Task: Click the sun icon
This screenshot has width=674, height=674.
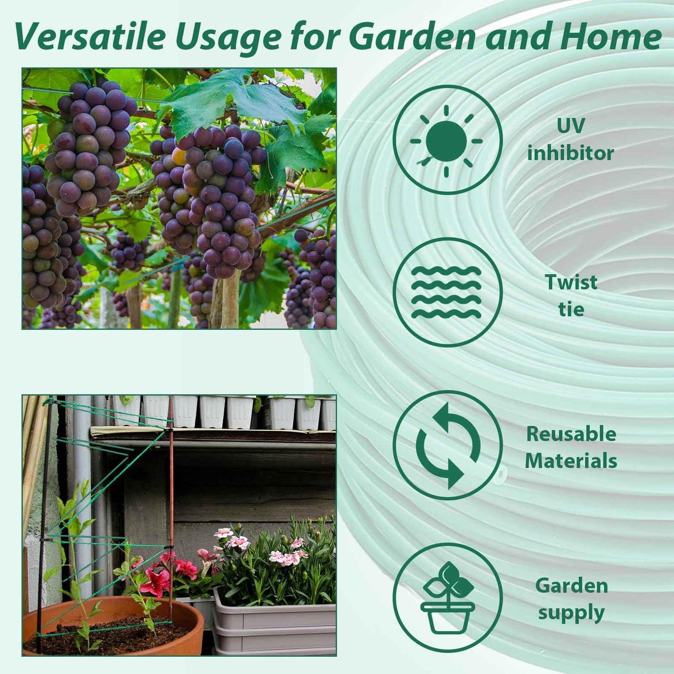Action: point(447,140)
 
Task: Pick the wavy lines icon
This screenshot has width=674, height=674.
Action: point(447,292)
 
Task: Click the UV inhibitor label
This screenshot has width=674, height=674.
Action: point(570,139)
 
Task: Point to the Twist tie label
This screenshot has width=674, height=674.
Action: point(571,295)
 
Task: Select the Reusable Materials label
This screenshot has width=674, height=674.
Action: point(571,447)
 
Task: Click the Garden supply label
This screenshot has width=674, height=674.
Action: point(571,599)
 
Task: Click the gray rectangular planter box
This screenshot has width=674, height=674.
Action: point(275,625)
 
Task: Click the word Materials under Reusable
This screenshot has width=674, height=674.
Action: point(571,461)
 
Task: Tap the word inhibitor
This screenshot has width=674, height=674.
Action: point(570,153)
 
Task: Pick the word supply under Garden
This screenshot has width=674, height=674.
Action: point(571,613)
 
